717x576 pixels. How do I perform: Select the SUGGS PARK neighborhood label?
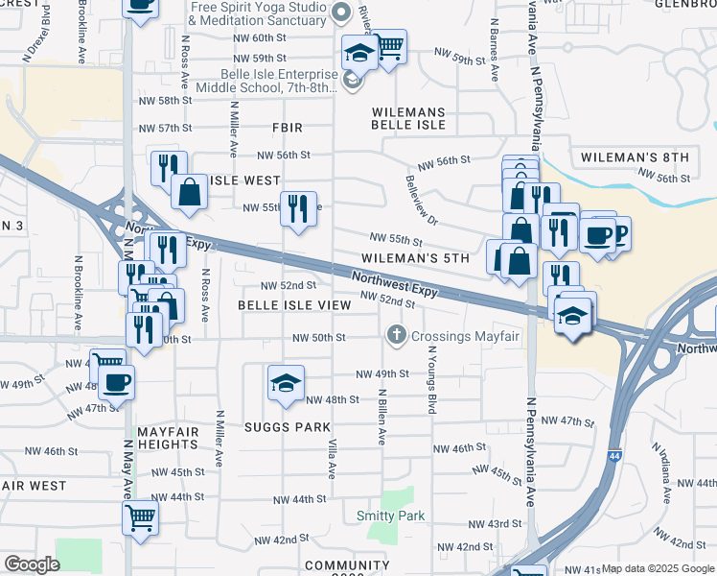(287, 427)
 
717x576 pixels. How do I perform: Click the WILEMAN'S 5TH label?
(415, 258)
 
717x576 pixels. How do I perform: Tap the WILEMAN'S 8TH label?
(636, 157)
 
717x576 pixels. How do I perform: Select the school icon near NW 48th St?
(286, 384)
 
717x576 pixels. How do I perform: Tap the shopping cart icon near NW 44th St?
(140, 517)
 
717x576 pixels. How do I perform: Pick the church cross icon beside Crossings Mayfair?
(396, 336)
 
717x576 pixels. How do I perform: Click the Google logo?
(32, 564)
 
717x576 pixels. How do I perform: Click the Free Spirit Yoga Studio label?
(258, 13)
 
